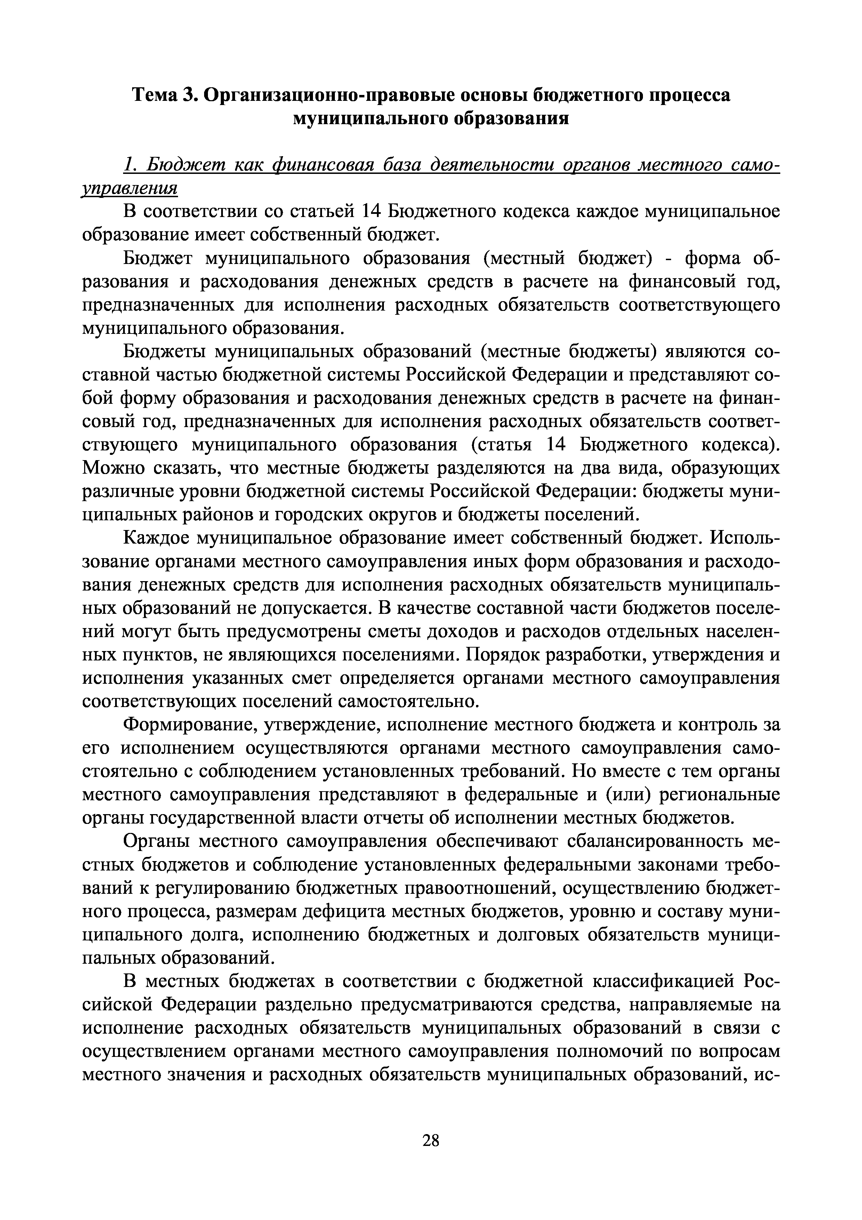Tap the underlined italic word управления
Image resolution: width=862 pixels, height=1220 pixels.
coord(129,188)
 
